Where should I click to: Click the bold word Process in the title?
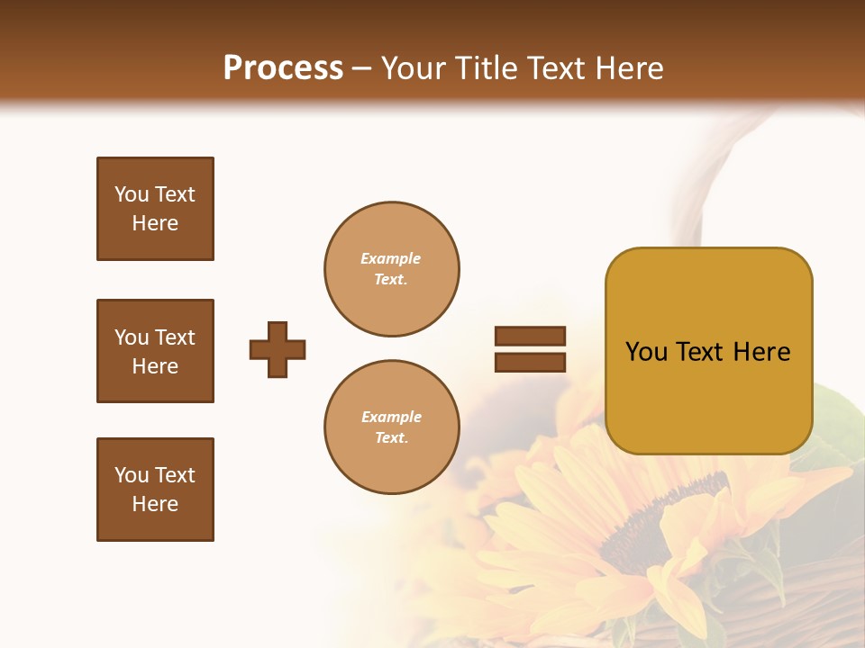[x=283, y=68]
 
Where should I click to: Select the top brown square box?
[x=155, y=209]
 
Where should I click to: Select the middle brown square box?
[x=155, y=351]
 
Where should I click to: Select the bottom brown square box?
[x=155, y=490]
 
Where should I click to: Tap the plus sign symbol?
[x=278, y=349]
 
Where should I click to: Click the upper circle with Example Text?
[x=391, y=269]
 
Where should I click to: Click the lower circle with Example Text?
[x=391, y=427]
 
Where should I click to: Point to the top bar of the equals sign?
[x=530, y=337]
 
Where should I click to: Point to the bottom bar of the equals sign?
[x=530, y=362]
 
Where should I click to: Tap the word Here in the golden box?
[x=761, y=352]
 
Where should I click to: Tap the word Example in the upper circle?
[x=391, y=258]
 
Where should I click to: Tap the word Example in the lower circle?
[x=391, y=417]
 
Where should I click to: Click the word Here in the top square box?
[x=155, y=223]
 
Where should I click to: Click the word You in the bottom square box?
[x=132, y=475]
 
